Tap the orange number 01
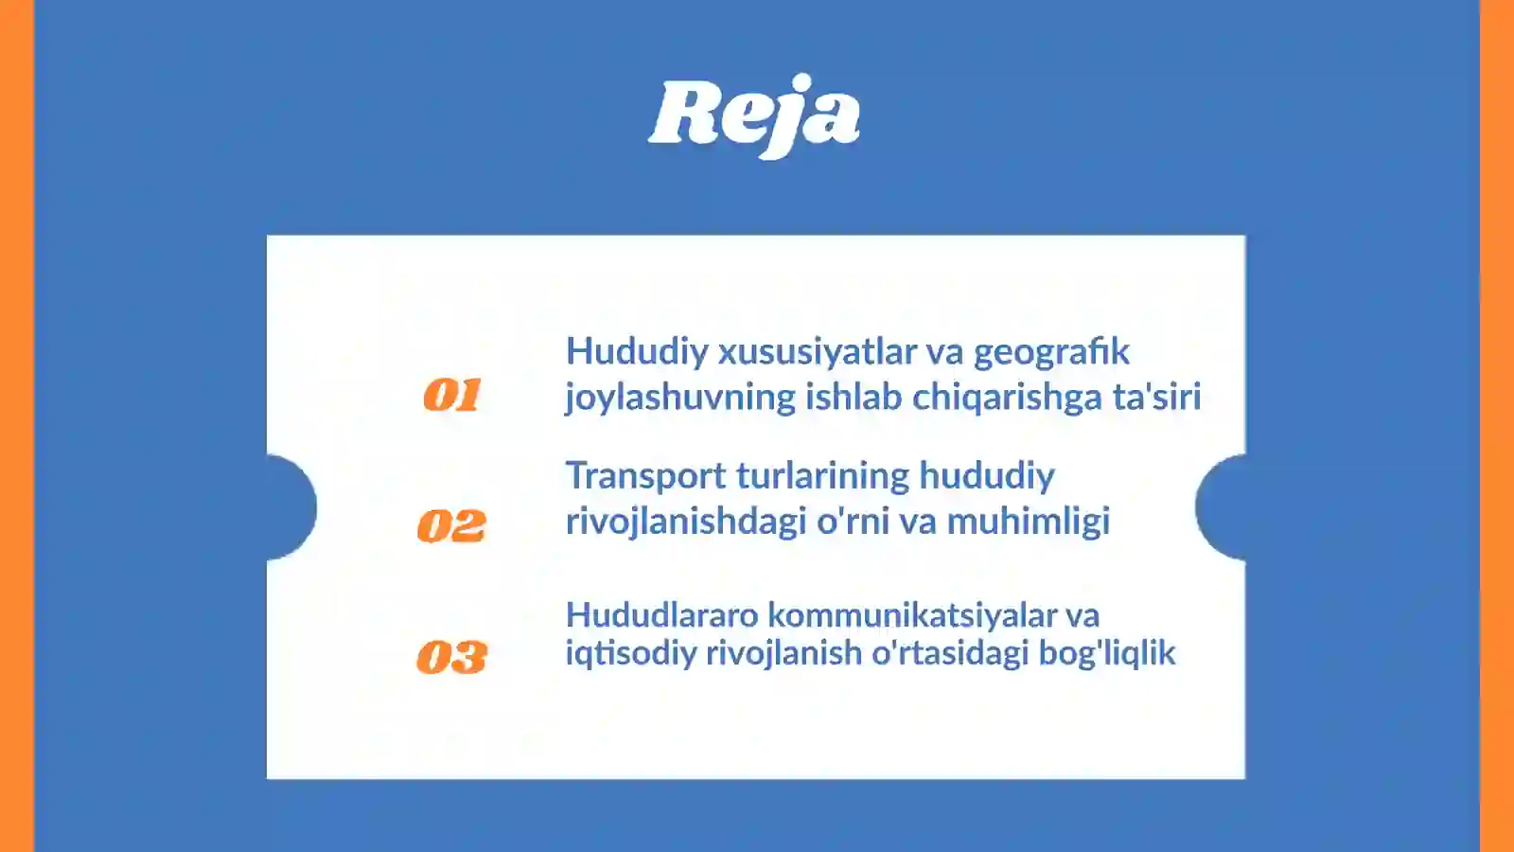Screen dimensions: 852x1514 click(x=452, y=395)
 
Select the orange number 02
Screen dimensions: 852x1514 click(x=451, y=526)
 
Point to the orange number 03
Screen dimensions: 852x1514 click(x=451, y=657)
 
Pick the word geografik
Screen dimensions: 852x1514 click(x=1051, y=352)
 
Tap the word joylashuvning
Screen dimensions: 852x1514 click(x=680, y=398)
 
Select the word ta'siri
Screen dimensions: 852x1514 click(x=1156, y=397)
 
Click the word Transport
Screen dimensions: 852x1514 click(x=645, y=476)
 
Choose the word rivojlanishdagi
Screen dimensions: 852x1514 click(x=686, y=522)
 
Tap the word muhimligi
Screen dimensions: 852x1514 click(x=1028, y=522)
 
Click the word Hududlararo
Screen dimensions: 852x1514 click(x=661, y=615)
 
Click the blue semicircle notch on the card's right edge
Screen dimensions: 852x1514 click(x=1222, y=507)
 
